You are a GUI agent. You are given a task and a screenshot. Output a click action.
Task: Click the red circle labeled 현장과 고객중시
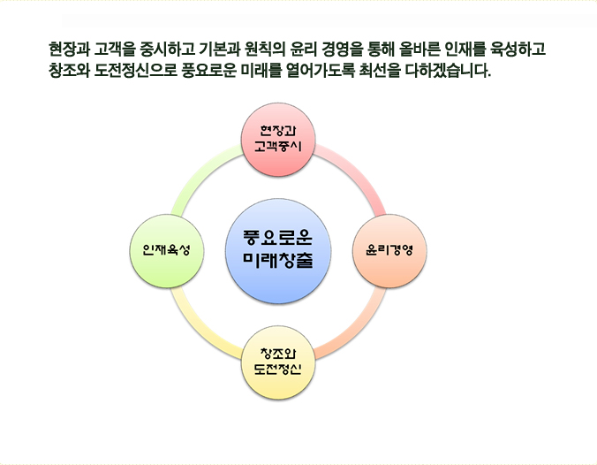point(278,140)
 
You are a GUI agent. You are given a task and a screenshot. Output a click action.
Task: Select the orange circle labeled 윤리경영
point(389,251)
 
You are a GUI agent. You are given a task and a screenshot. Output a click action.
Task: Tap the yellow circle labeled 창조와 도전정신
point(278,362)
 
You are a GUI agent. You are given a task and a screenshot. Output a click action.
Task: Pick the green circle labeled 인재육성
point(167,251)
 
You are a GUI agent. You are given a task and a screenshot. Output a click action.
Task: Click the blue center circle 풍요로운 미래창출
point(278,251)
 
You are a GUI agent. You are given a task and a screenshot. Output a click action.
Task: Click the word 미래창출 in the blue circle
point(278,260)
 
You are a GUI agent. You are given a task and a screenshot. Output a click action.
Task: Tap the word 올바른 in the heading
point(419,49)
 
